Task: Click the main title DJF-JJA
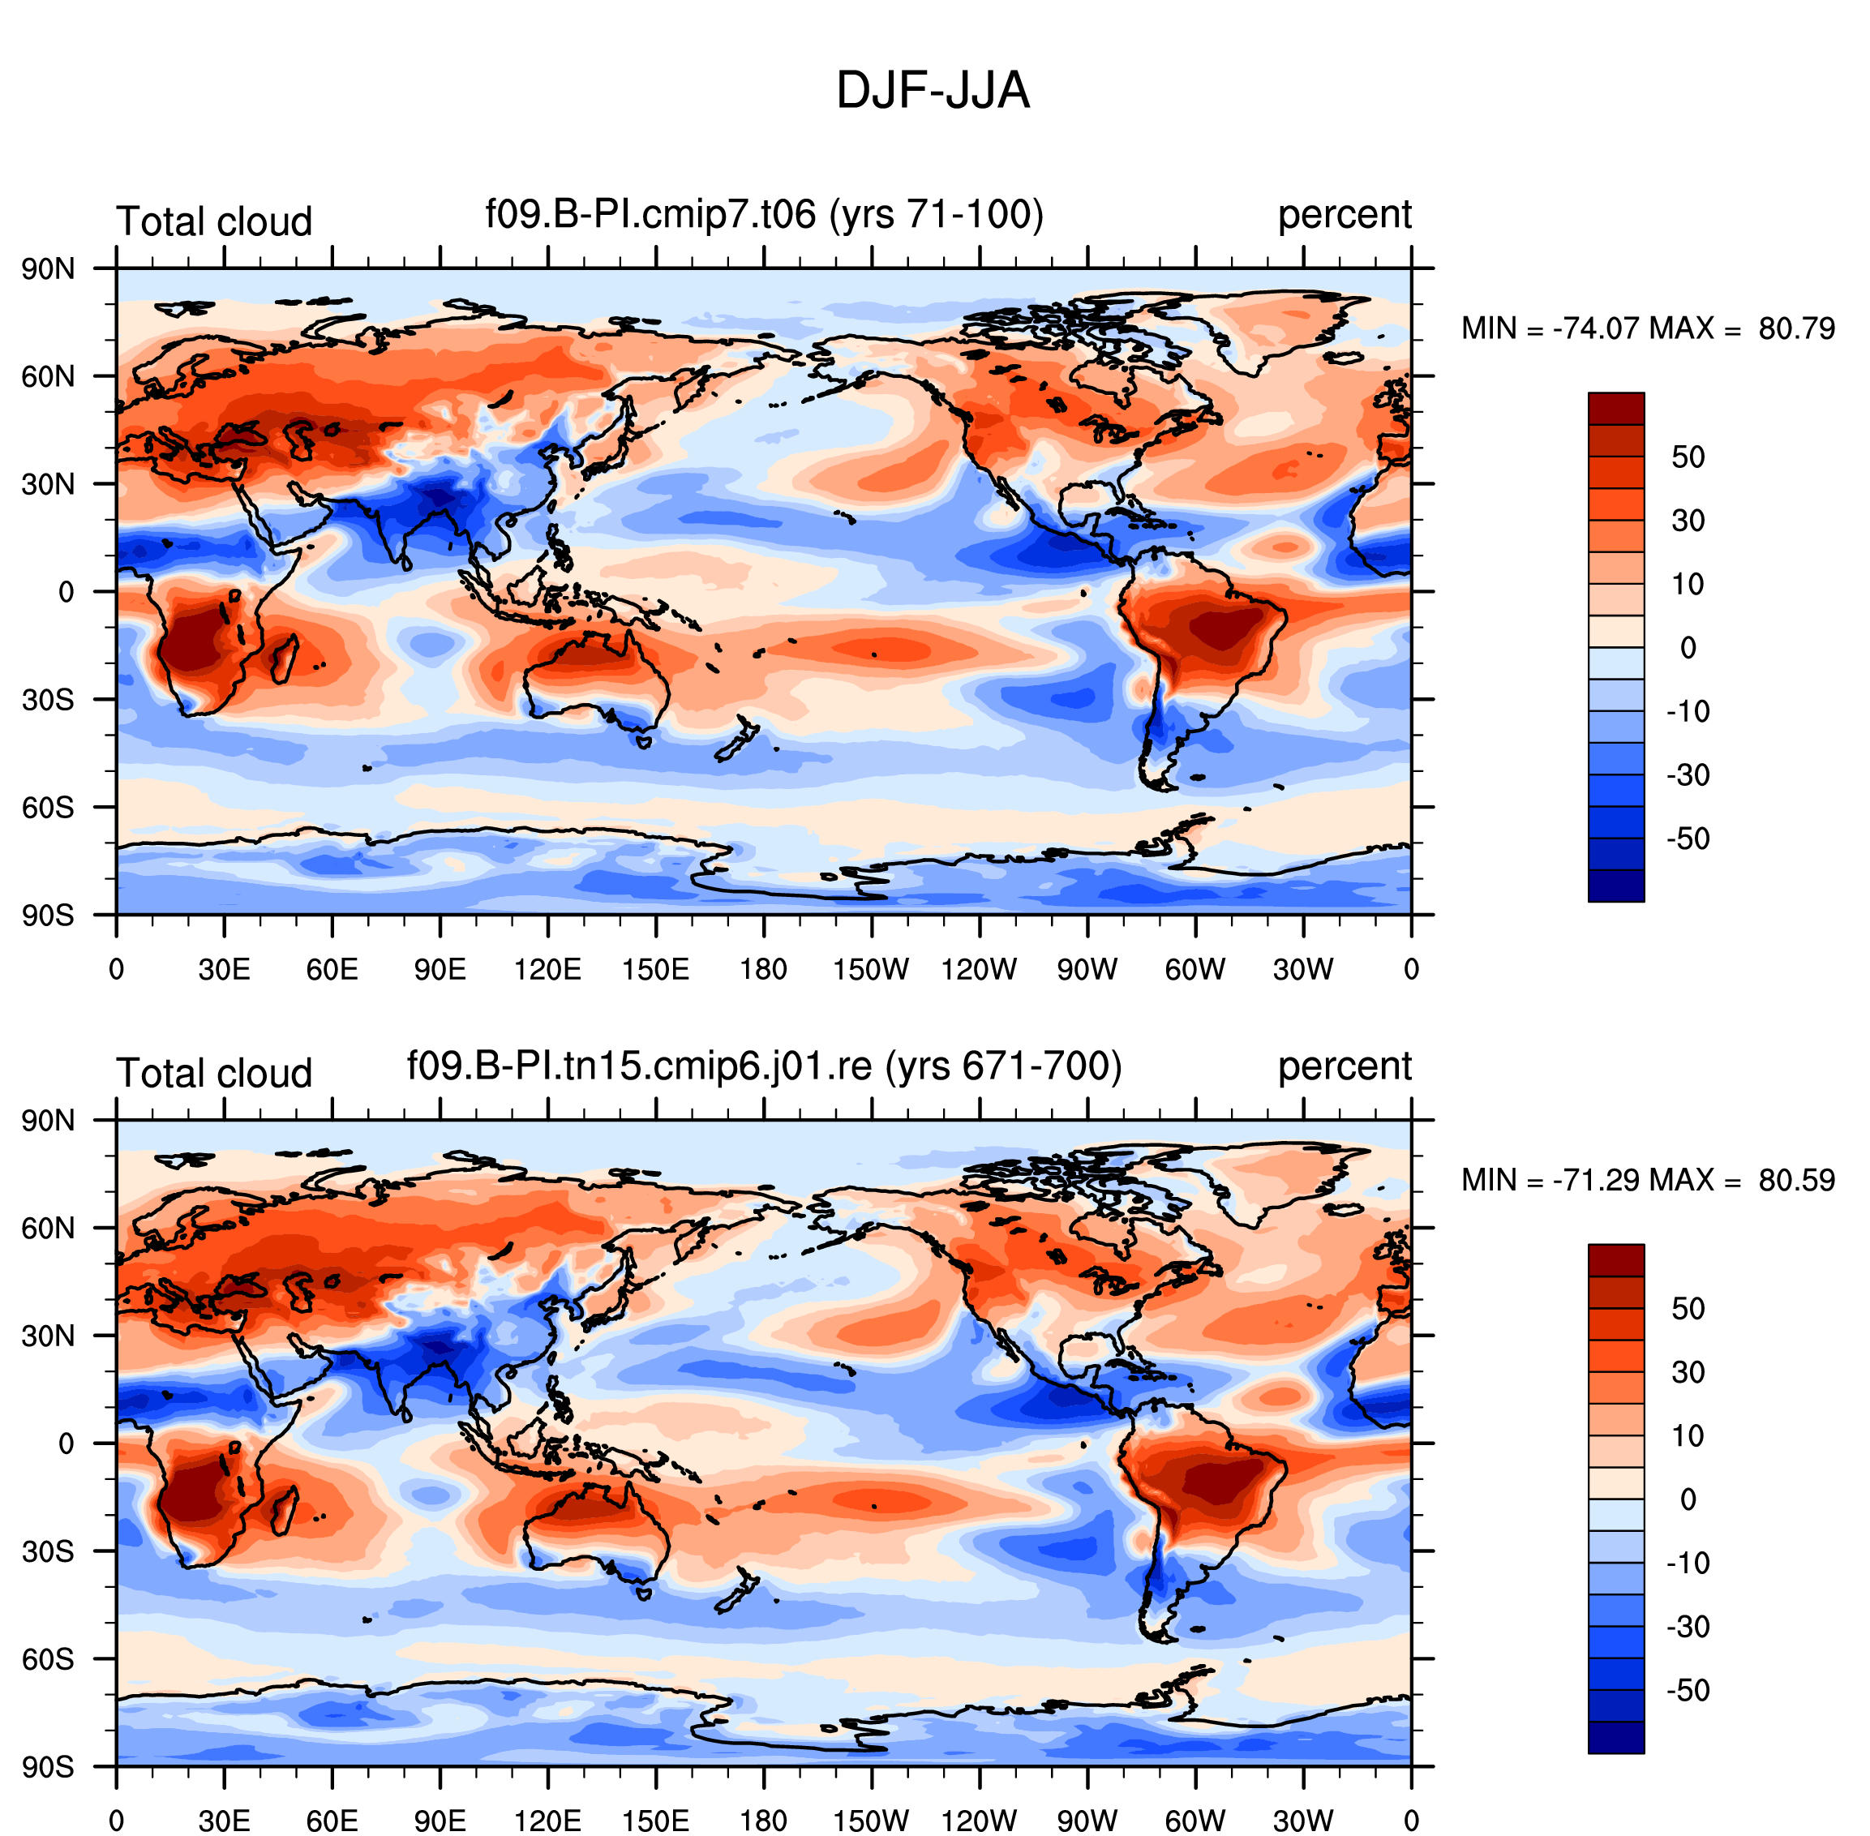(x=933, y=92)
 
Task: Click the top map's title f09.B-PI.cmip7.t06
(x=651, y=214)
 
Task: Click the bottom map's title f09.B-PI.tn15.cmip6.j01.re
(x=639, y=1066)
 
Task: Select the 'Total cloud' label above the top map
(x=214, y=221)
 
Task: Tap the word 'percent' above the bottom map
(x=1345, y=1067)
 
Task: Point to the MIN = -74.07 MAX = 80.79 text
(x=1648, y=328)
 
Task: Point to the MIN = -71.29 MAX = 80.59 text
(x=1648, y=1180)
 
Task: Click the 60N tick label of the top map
(x=48, y=376)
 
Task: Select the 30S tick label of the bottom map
(x=48, y=1551)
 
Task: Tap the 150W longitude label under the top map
(x=871, y=969)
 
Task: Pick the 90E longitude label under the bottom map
(x=440, y=1821)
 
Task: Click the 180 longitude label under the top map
(x=764, y=969)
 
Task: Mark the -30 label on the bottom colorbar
(x=1688, y=1627)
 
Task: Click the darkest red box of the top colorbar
(x=1616, y=408)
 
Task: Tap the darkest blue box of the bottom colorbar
(x=1616, y=1738)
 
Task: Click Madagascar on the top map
(x=285, y=657)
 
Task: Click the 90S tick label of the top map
(x=48, y=914)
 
